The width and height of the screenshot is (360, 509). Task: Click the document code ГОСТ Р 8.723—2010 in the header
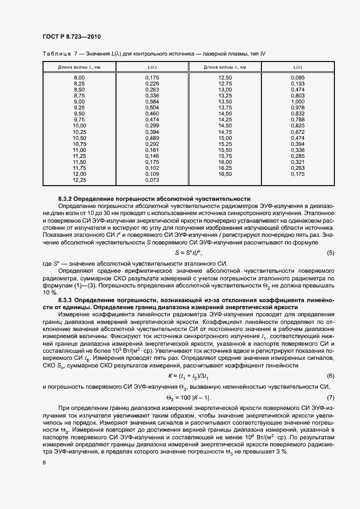(x=71, y=36)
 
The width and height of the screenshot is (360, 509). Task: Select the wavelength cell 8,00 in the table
(x=79, y=78)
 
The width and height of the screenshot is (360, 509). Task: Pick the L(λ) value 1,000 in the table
(x=297, y=102)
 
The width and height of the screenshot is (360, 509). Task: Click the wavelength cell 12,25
(x=79, y=179)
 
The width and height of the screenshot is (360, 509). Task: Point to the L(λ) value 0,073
(x=152, y=179)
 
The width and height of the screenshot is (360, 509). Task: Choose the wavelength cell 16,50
(x=225, y=174)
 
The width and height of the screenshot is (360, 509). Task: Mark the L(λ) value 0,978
(x=297, y=108)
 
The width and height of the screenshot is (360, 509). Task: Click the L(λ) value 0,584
(x=152, y=102)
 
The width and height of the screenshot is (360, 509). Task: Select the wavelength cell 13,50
(x=225, y=102)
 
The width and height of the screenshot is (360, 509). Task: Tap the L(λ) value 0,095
(x=297, y=78)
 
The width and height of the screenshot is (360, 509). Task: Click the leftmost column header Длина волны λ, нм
(x=79, y=67)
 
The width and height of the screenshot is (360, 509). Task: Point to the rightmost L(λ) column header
(x=297, y=67)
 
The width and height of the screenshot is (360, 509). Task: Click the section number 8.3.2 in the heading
(x=69, y=199)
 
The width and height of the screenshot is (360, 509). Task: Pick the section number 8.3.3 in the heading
(x=69, y=300)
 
